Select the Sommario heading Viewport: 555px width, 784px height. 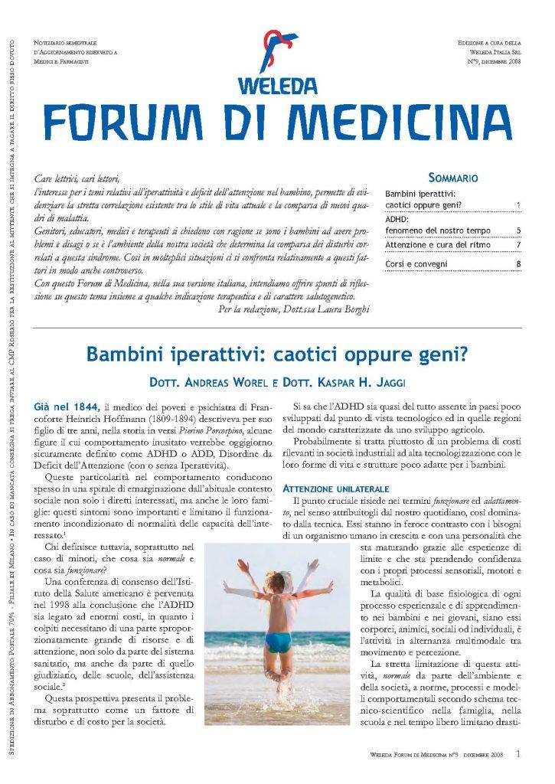(454, 178)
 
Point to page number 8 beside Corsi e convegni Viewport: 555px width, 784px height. (518, 264)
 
